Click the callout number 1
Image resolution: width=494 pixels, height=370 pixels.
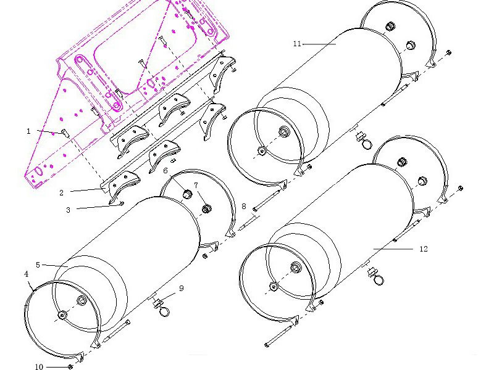(x=28, y=131)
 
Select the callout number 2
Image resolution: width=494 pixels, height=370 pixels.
(x=61, y=193)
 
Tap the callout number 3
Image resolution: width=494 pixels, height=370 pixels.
(x=68, y=210)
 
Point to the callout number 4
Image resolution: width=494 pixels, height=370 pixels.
(x=26, y=274)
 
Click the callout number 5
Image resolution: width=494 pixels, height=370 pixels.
(x=38, y=265)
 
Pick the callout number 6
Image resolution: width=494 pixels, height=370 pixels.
(x=165, y=171)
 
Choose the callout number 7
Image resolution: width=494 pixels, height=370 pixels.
(x=196, y=186)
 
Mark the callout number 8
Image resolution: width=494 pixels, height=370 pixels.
(x=244, y=207)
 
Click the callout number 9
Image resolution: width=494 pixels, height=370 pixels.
(x=181, y=288)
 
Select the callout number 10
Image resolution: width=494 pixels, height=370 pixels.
(x=39, y=366)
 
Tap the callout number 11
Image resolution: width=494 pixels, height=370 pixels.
(x=297, y=44)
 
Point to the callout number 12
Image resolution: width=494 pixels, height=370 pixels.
(x=424, y=249)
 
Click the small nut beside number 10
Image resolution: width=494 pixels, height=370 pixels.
(x=70, y=366)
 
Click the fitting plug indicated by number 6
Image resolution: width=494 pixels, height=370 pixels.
(x=187, y=194)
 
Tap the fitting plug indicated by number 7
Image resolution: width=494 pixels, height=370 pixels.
(x=206, y=208)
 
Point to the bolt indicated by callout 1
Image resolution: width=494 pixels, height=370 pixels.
(x=65, y=133)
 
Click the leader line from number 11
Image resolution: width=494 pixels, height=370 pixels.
(x=319, y=44)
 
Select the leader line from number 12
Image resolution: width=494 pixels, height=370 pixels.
(x=393, y=249)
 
